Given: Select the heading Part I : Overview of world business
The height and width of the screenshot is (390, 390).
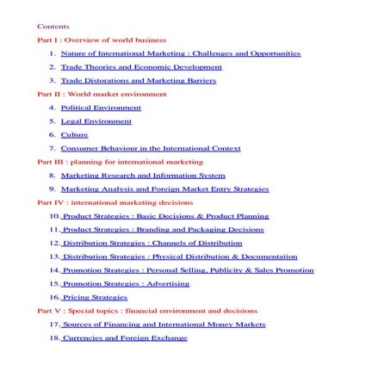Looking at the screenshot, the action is click(x=102, y=40).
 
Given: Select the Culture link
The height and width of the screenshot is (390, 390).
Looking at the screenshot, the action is click(x=73, y=134).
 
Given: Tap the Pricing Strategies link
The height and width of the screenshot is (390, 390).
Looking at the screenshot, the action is click(x=94, y=297).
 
